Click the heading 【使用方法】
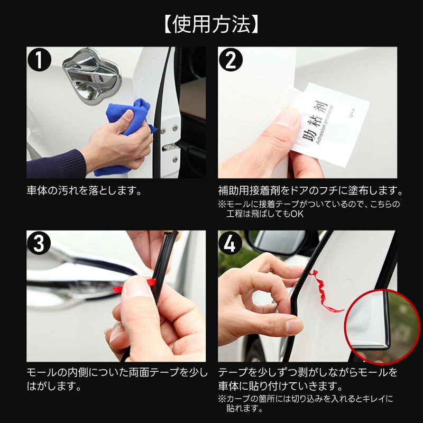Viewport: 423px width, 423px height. tap(211, 24)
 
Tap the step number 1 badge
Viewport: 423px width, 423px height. tap(39, 60)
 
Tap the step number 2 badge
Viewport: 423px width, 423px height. tap(231, 60)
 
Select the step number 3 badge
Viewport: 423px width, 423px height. tap(39, 243)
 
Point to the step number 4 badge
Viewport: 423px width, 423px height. tap(230, 243)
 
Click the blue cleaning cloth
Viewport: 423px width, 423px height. tap(127, 130)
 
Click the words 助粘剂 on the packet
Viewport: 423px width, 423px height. tap(315, 122)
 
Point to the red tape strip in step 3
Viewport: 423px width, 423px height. tap(134, 286)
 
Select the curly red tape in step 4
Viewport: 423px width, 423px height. tap(325, 292)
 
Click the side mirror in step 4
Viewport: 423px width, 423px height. tap(281, 242)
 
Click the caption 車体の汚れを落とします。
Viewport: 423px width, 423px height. tap(84, 191)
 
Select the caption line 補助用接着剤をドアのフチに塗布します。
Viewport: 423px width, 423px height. tap(310, 191)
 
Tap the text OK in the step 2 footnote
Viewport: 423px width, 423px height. tap(297, 214)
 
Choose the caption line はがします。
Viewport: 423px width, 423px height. tap(54, 386)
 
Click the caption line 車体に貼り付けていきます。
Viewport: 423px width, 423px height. tap(280, 386)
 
